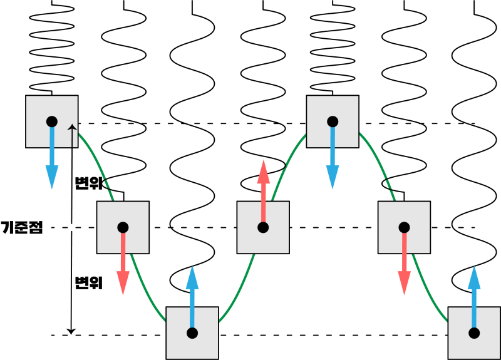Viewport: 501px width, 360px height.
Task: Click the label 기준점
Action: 22,227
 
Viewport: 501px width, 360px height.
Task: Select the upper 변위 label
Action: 88,183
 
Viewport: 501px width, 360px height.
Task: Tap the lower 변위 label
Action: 88,283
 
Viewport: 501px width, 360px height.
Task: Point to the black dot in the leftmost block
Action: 52,121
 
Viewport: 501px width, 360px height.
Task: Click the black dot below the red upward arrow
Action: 263,227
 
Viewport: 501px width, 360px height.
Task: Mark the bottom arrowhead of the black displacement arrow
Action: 72,330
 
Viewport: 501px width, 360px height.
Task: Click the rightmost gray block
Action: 474,332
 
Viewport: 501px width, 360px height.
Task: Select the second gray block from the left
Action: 123,227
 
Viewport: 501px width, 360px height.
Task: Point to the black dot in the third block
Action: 192,332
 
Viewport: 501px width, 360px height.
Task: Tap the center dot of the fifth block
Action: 333,121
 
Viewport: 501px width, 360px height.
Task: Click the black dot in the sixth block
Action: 405,227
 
